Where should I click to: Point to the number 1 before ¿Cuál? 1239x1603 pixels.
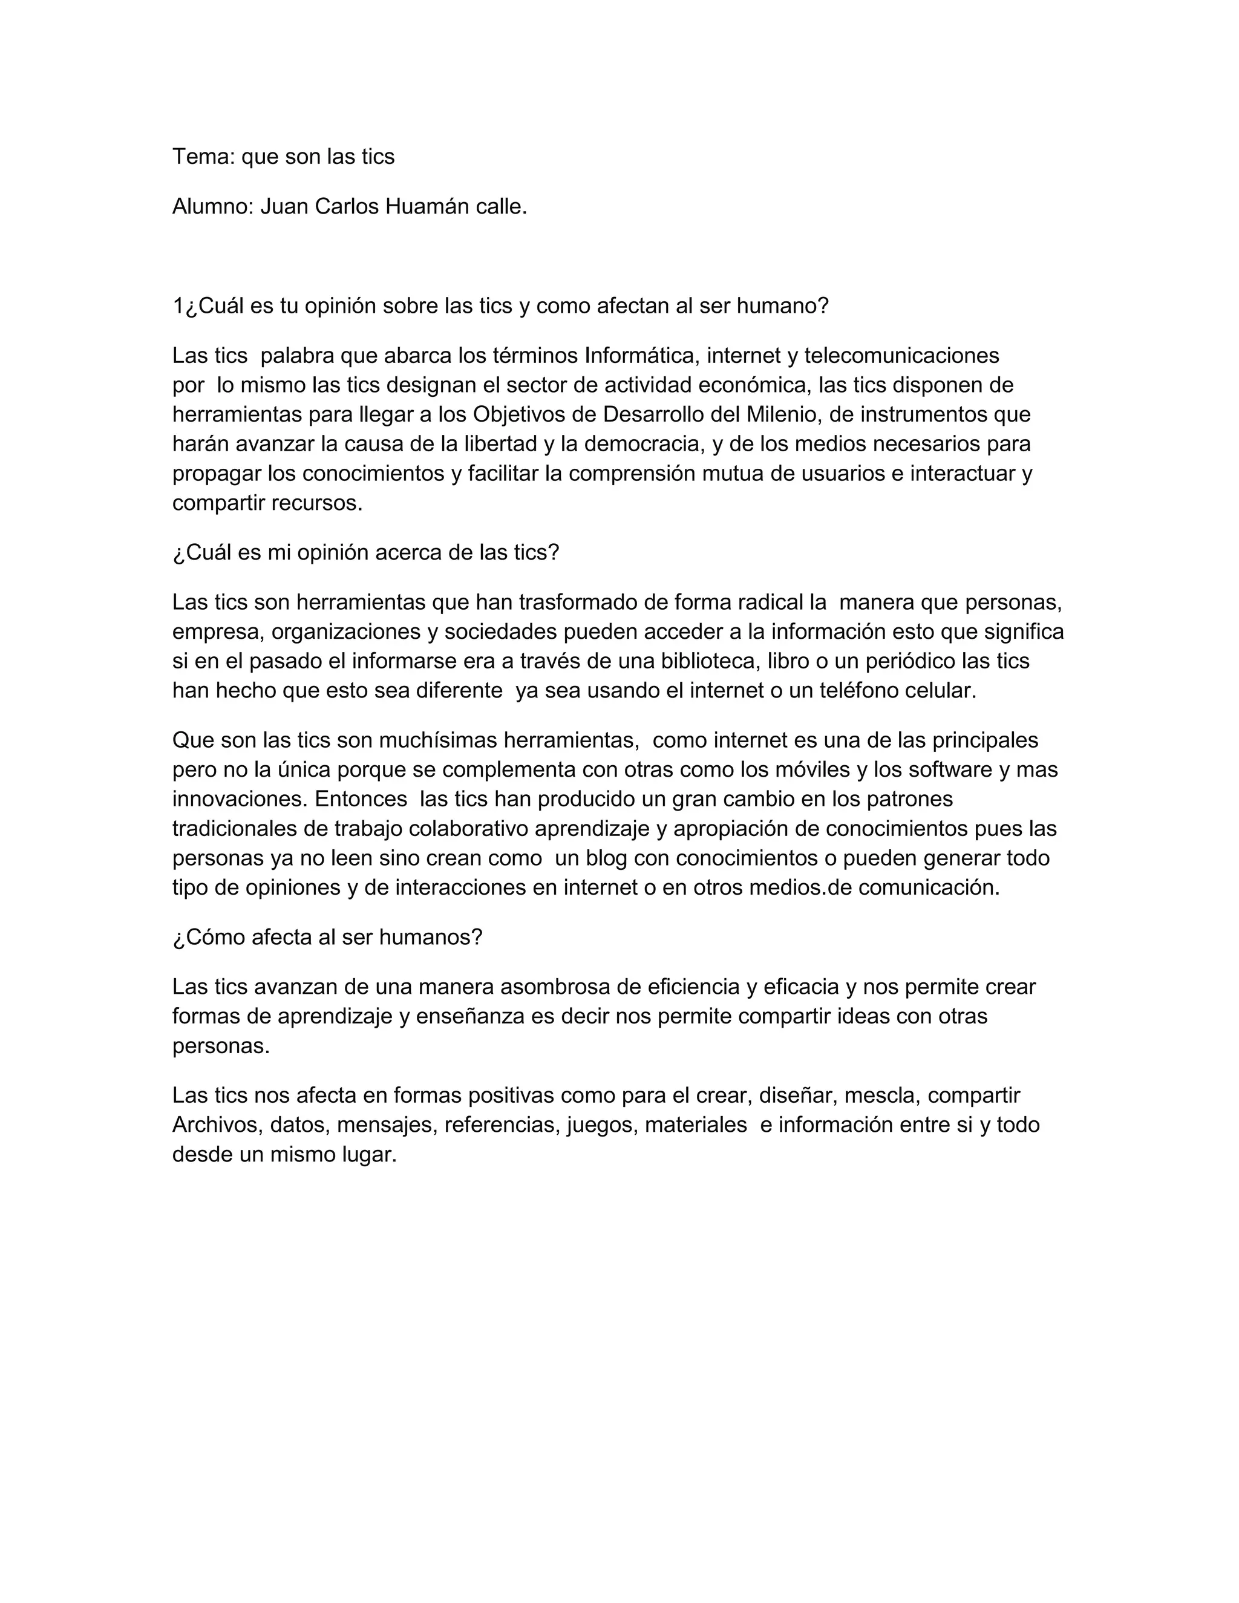[178, 306]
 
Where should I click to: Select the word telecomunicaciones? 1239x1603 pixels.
[901, 356]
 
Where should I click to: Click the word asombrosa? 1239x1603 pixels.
[555, 987]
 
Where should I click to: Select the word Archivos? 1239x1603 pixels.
[215, 1125]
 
